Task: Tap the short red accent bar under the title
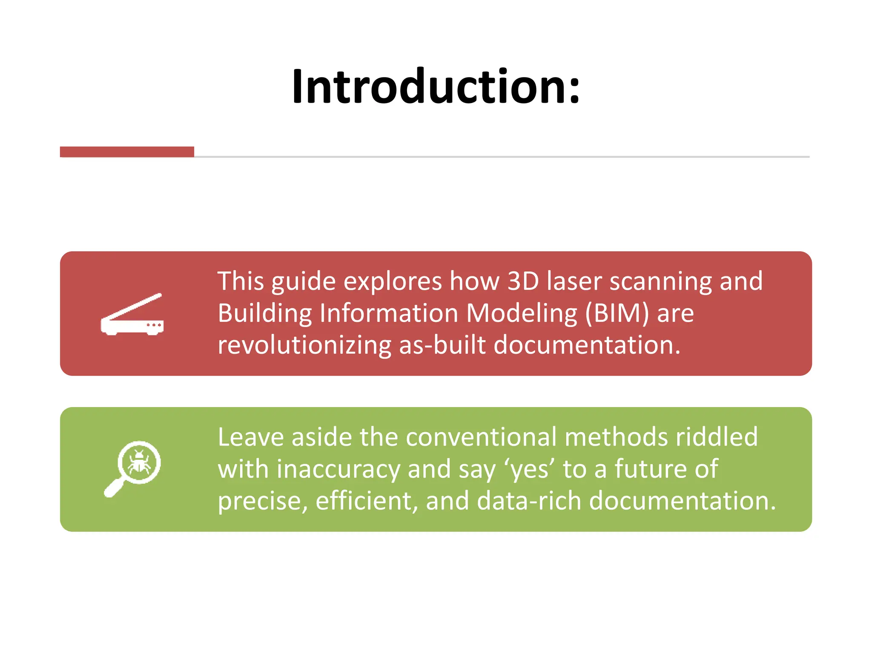[127, 152]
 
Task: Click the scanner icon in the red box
[132, 315]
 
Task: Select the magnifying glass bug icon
[133, 468]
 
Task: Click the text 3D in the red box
[523, 281]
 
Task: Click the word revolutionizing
[304, 345]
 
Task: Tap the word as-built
[442, 345]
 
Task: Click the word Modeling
[522, 313]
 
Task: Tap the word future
[651, 469]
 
